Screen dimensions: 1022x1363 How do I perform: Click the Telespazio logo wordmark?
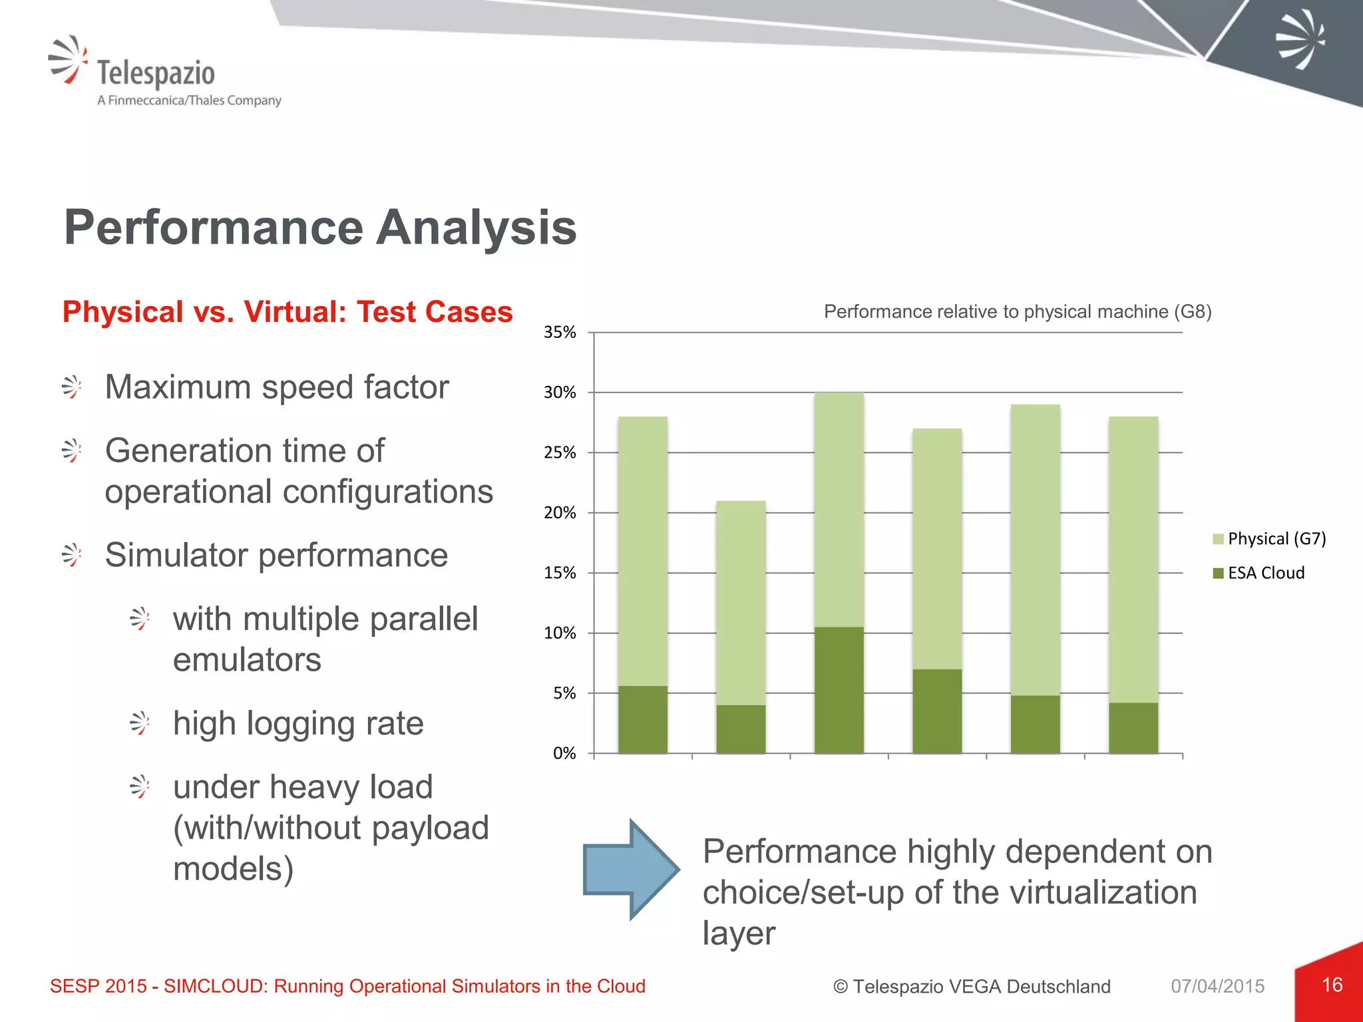156,73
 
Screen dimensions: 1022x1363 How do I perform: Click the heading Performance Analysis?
319,228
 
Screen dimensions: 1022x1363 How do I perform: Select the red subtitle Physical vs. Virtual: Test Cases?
287,312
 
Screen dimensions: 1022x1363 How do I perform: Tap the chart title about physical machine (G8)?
1017,311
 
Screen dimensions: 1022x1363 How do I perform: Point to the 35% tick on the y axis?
560,332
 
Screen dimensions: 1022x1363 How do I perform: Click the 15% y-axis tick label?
560,573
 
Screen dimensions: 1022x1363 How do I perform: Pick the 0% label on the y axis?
564,753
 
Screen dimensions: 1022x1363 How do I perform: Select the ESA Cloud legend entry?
1265,573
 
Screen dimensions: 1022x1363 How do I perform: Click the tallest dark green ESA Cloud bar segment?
839,689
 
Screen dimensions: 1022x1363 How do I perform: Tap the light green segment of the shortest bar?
741,602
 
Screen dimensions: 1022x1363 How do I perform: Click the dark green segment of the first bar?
642,719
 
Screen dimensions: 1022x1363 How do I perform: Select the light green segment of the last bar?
1133,559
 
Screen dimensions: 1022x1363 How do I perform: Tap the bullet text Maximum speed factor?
277,387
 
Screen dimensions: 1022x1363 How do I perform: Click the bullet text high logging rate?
298,723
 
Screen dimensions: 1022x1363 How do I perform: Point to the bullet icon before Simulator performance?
71,555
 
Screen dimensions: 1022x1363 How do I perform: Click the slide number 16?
1332,985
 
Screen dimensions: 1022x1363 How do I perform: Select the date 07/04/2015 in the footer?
1217,986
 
